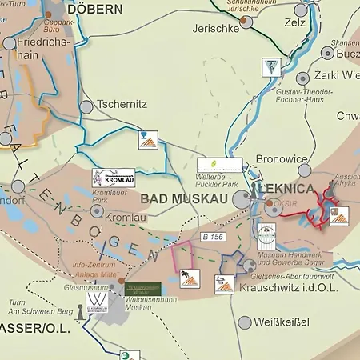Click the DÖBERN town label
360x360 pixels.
pyautogui.click(x=94, y=10)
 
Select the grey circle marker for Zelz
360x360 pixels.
pyautogui.click(x=302, y=11)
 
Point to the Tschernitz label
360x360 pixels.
pyautogui.click(x=122, y=105)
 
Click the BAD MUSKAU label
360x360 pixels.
pyautogui.click(x=185, y=197)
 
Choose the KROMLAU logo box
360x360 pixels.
pyautogui.click(x=114, y=178)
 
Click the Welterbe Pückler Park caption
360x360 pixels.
pyautogui.click(x=222, y=182)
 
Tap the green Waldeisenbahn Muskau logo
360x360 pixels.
pyautogui.click(x=143, y=289)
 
